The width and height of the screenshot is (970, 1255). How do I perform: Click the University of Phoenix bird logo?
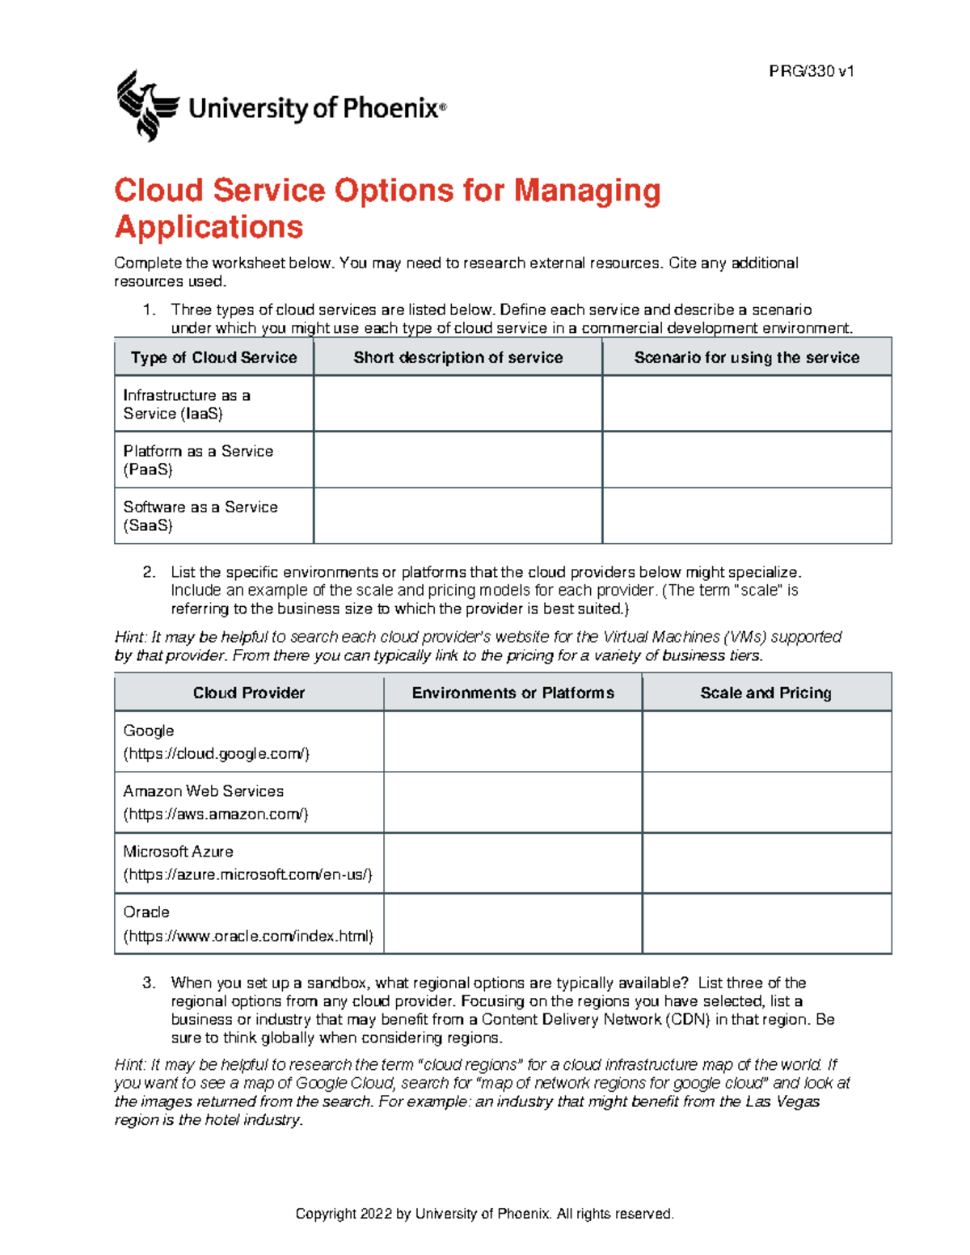[x=147, y=106]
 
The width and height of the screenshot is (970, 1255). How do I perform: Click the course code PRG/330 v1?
[x=811, y=71]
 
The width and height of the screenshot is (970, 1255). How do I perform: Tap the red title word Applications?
[x=209, y=227]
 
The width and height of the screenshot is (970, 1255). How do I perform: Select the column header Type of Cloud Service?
[x=214, y=357]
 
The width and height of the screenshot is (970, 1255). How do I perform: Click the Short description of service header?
[x=458, y=357]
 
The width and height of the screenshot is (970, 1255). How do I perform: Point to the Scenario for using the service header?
[x=746, y=357]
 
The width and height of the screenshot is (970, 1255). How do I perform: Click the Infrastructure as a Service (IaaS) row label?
[x=187, y=404]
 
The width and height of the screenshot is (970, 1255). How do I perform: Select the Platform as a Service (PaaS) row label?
[x=198, y=460]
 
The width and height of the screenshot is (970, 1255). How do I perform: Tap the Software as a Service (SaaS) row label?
[x=200, y=516]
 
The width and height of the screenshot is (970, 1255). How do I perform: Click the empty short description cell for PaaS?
[x=458, y=460]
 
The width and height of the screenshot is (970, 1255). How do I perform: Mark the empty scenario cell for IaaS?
[x=746, y=404]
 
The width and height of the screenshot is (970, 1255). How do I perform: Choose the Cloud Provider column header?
[x=249, y=693]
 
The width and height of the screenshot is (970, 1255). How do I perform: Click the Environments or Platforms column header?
[x=512, y=693]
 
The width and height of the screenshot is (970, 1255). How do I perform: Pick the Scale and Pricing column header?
[x=765, y=693]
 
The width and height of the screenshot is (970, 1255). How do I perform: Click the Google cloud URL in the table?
[x=217, y=754]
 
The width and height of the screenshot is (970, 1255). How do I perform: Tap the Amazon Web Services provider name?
[x=204, y=791]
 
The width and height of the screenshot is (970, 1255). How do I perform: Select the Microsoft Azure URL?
[x=247, y=875]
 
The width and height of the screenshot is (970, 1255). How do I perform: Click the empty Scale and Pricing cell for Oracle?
[x=766, y=924]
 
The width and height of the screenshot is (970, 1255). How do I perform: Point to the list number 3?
[x=149, y=983]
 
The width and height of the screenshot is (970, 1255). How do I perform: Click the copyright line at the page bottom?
[x=484, y=1214]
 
